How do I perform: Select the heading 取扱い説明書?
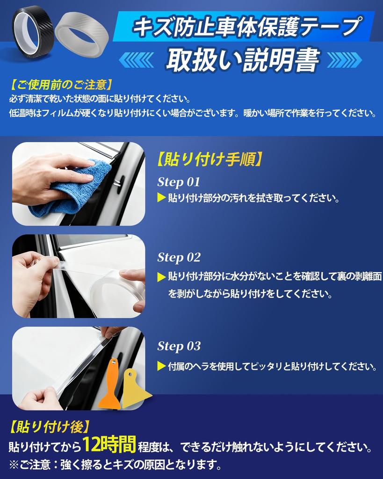[x=243, y=59]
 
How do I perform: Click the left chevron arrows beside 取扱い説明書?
[x=136, y=60]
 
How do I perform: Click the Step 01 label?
[x=179, y=182]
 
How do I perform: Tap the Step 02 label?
[x=179, y=257]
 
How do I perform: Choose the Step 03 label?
[x=179, y=346]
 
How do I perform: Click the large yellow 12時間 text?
[x=109, y=444]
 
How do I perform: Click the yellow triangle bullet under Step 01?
[x=161, y=198]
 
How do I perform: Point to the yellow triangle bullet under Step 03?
[x=161, y=366]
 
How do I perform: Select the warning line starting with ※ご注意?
[x=115, y=465]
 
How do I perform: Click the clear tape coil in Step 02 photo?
[x=115, y=290]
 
